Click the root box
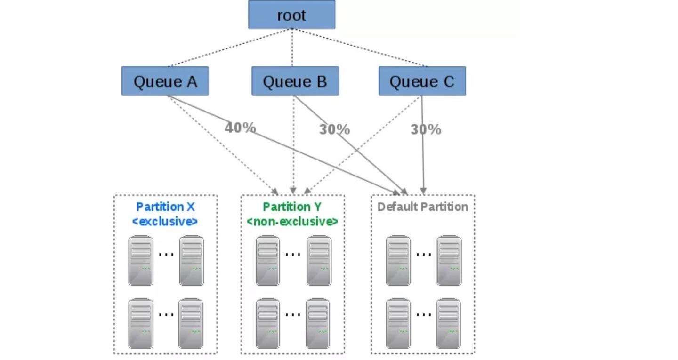point(291,15)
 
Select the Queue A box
point(165,81)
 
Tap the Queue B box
point(295,81)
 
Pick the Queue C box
point(422,81)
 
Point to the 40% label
point(240,128)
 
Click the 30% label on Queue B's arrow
point(334,129)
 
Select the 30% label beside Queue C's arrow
point(426,129)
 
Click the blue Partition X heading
point(165,207)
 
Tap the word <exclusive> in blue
point(165,222)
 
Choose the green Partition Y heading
point(292,207)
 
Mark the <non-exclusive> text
point(292,222)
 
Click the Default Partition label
point(422,207)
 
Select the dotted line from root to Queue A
point(230,48)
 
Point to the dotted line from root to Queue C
point(360,48)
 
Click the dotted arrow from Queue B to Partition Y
point(293,145)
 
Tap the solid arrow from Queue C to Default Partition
point(422,145)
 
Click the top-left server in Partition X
point(141,261)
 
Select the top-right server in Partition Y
point(319,261)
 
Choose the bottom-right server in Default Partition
point(448,323)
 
